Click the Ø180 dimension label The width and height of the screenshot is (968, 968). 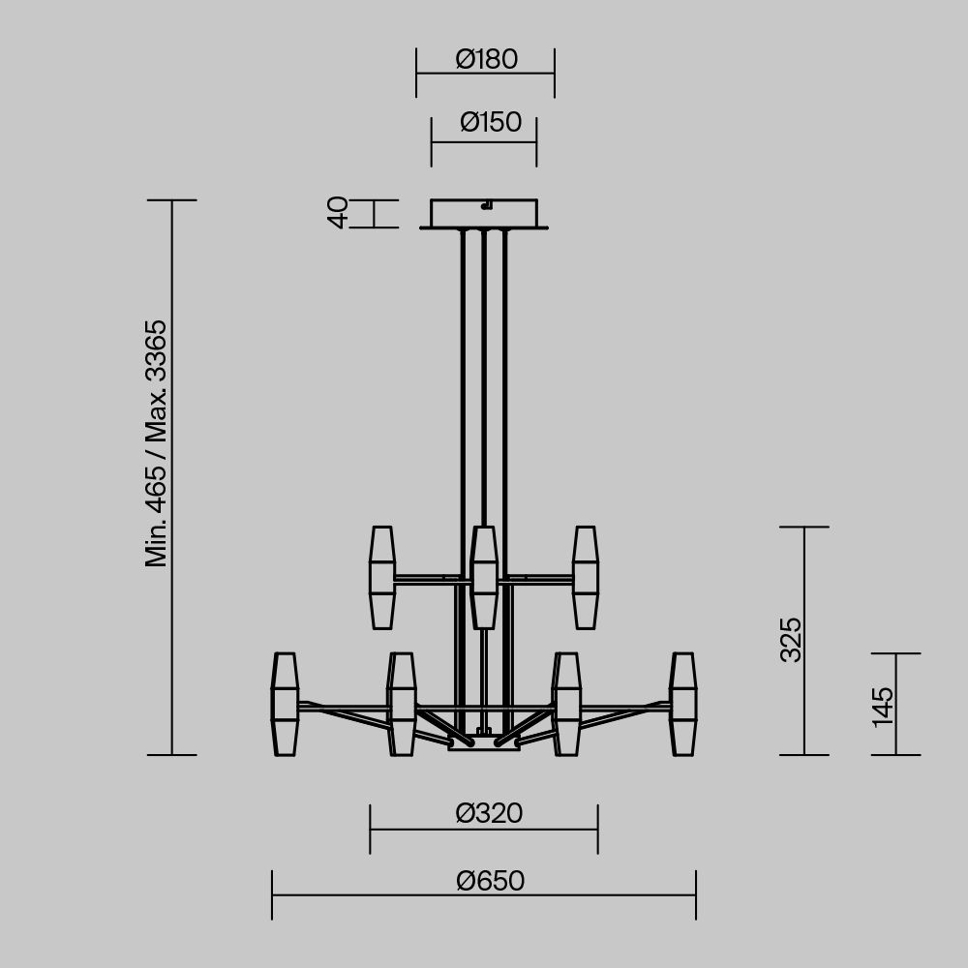coord(486,60)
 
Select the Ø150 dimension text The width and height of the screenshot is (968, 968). coord(490,123)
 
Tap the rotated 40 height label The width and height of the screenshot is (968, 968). coord(338,213)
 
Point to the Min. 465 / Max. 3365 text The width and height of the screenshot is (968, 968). coord(157,443)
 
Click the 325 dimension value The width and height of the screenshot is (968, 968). coord(791,639)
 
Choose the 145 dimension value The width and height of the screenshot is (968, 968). coord(882,707)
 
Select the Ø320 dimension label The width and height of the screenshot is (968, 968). coord(489,814)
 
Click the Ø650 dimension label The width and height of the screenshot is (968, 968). coord(490,882)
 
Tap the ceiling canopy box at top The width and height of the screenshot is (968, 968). coord(484,214)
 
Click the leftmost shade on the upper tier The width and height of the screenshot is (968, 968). coord(382,577)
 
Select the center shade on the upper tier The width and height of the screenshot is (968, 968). coord(484,577)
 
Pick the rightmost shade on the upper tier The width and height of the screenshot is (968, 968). coord(585,577)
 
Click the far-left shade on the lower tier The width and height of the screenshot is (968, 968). coord(285,704)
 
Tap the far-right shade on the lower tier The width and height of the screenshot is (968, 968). coord(683,704)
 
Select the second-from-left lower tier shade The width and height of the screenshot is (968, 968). coord(402,704)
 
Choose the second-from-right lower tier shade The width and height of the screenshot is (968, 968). coord(567,704)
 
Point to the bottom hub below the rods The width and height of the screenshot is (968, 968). coord(484,743)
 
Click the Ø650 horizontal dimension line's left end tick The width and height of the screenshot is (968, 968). coord(272,894)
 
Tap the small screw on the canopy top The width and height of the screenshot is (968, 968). coord(488,204)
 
